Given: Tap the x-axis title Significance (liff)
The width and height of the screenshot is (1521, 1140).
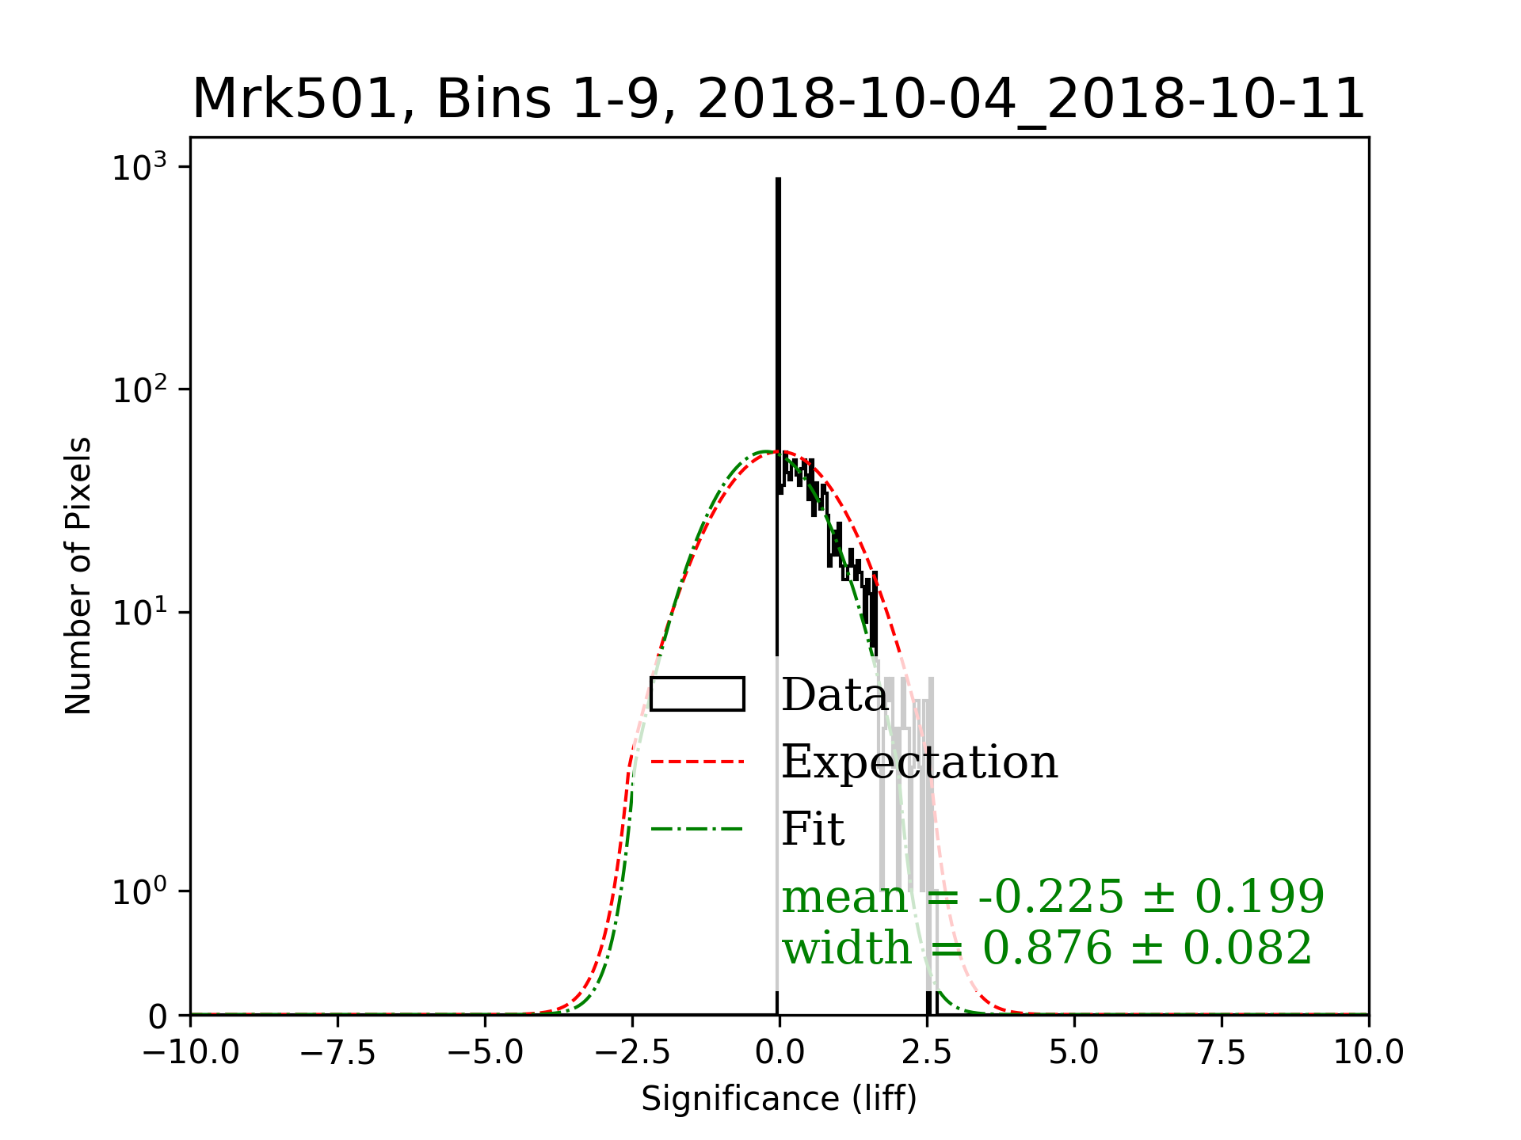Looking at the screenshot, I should click(x=779, y=1099).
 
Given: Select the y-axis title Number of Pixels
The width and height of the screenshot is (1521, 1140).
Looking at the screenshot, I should click(x=78, y=576).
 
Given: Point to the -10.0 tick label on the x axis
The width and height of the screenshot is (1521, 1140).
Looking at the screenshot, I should click(x=191, y=1053).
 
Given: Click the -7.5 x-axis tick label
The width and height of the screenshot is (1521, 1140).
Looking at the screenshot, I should click(x=338, y=1053).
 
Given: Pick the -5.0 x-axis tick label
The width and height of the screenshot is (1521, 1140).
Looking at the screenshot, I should click(x=486, y=1053).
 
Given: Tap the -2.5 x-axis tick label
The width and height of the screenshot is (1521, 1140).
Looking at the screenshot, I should click(x=633, y=1053).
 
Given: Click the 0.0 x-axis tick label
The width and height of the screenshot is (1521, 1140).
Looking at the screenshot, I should click(x=780, y=1053).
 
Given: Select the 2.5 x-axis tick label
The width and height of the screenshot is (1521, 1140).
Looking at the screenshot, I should click(x=927, y=1053).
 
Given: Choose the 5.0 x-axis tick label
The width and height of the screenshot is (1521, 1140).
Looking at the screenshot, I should click(x=1074, y=1053).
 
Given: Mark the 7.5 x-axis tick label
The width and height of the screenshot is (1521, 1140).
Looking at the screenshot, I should click(x=1222, y=1053).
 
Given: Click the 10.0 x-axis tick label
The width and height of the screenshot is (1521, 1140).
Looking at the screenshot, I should click(x=1369, y=1053).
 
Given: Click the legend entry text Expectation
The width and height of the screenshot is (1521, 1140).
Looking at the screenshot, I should click(x=920, y=762).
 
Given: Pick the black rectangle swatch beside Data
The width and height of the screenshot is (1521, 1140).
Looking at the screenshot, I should click(x=697, y=694).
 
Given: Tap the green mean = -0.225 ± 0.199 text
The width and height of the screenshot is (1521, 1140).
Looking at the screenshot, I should click(x=1053, y=897).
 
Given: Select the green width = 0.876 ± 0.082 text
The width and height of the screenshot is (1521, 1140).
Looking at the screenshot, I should click(x=1047, y=948).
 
